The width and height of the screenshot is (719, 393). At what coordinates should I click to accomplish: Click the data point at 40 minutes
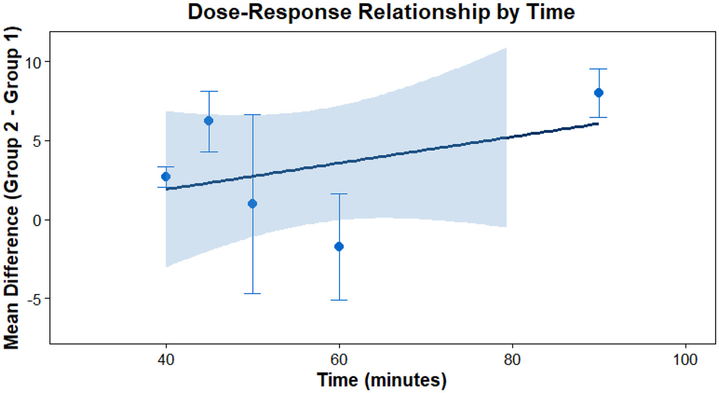[165, 176]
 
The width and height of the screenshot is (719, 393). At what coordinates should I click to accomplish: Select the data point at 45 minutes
[209, 120]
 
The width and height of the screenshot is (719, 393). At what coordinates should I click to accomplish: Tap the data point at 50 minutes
[252, 204]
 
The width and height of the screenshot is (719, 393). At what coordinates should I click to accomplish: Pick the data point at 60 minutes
[339, 246]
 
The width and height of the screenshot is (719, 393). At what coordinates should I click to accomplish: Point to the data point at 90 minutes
[599, 92]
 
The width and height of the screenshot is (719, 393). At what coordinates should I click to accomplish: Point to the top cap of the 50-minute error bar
[252, 115]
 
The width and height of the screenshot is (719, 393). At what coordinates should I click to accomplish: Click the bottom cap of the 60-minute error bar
[339, 300]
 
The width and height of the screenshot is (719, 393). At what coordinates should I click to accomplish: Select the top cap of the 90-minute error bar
[599, 69]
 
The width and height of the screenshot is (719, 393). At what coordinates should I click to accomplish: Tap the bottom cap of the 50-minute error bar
[252, 293]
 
